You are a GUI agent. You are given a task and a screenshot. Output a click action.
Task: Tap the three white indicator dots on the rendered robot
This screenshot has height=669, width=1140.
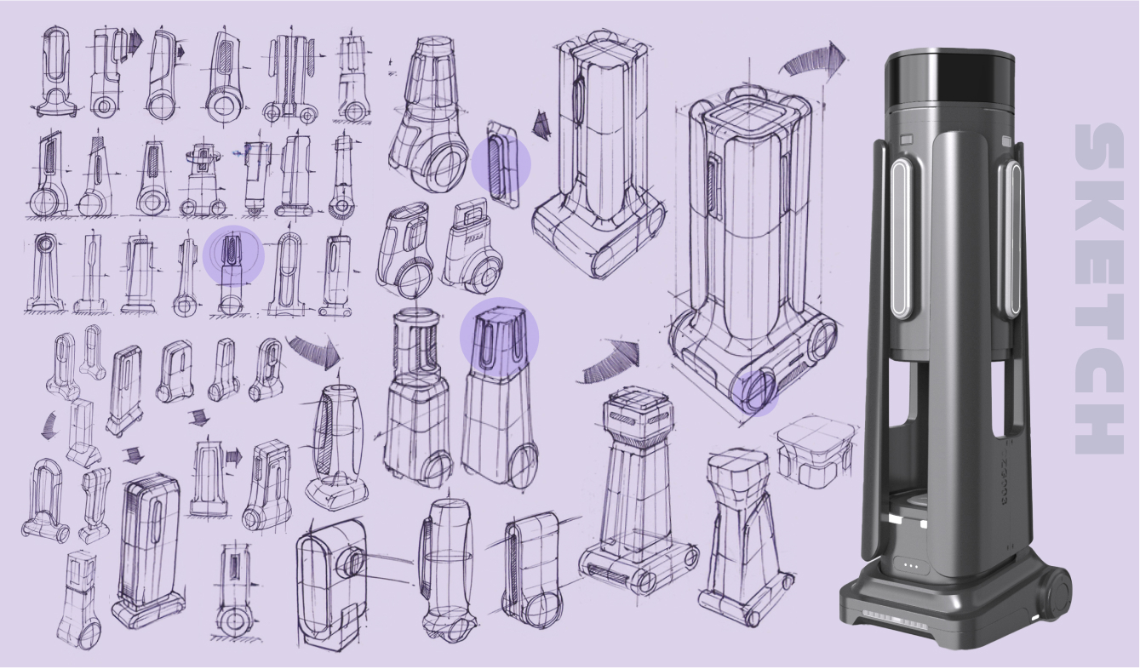pyautogui.click(x=910, y=565)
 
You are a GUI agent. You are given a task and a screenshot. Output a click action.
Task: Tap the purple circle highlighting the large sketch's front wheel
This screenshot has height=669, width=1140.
pyautogui.click(x=754, y=391)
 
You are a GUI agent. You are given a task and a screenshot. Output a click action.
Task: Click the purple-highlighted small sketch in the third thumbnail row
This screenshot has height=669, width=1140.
pyautogui.click(x=233, y=255)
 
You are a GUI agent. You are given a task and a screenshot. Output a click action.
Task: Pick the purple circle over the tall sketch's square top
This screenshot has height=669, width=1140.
pyautogui.click(x=499, y=336)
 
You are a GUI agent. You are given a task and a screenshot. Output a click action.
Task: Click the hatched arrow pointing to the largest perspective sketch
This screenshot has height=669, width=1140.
pyautogui.click(x=610, y=362)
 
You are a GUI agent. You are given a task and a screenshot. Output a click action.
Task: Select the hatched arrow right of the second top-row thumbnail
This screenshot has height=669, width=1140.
pyautogui.click(x=135, y=42)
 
